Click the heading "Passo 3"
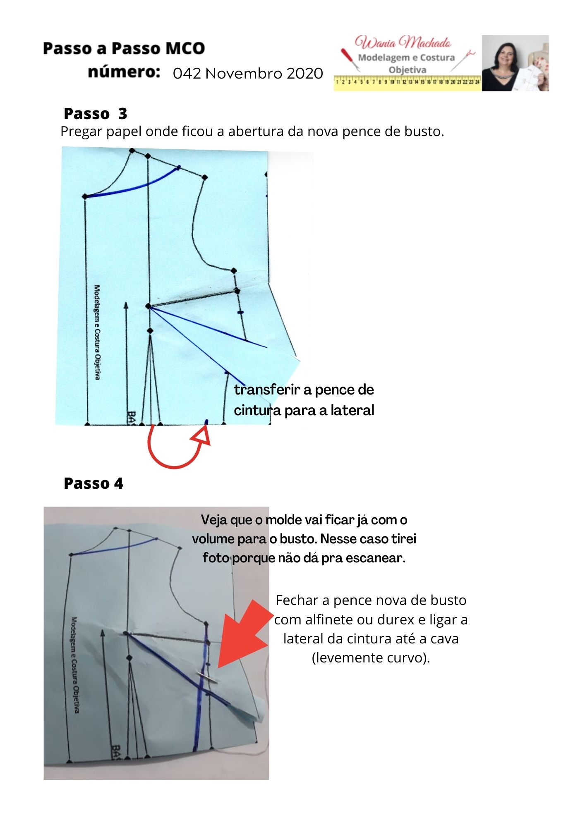click(95, 114)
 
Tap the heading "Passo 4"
click(94, 483)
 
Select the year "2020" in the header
click(305, 74)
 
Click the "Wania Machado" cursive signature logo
click(403, 43)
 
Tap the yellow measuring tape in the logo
click(407, 82)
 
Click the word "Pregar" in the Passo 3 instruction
click(81, 131)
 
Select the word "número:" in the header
click(124, 72)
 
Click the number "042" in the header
click(187, 74)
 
